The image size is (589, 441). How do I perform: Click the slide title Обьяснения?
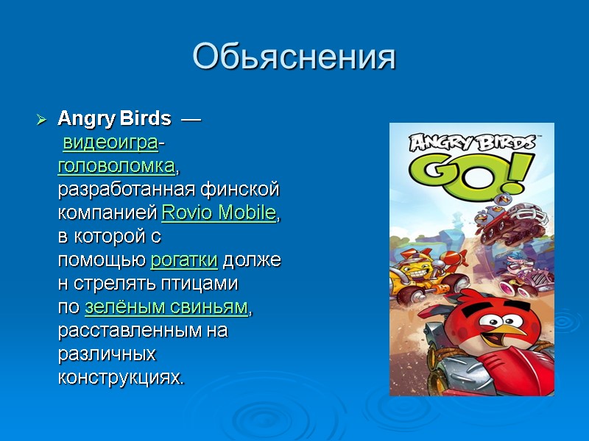tap(294, 58)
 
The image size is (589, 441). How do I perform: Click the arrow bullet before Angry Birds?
tap(42, 119)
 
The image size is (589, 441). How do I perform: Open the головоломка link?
tap(117, 166)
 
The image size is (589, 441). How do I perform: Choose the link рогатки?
tap(183, 260)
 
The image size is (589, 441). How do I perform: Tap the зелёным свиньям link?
tap(167, 307)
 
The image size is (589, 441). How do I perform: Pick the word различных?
tap(107, 354)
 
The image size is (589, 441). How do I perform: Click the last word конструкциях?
tap(121, 378)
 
